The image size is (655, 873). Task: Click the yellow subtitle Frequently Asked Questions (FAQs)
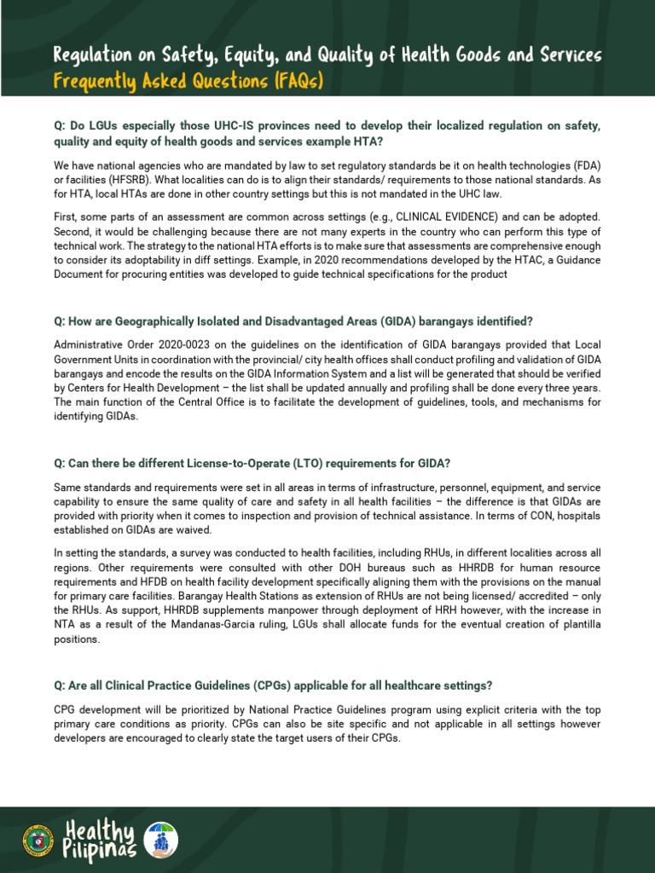click(x=188, y=82)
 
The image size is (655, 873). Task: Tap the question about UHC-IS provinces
click(x=327, y=134)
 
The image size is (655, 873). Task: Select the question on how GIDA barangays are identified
click(x=293, y=321)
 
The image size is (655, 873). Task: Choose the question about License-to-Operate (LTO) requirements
click(x=252, y=463)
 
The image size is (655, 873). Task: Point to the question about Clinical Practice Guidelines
click(x=273, y=685)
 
